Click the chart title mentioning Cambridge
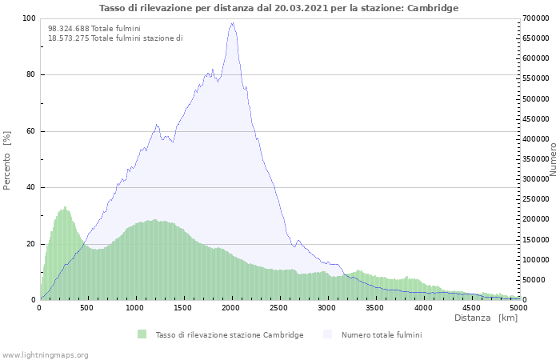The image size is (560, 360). (x=279, y=8)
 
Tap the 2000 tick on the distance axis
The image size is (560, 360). (x=231, y=307)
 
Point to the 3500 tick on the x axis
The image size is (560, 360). (x=374, y=307)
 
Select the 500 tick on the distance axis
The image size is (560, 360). (x=87, y=307)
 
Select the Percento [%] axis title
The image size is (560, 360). (x=8, y=159)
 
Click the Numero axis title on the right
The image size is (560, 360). (x=553, y=159)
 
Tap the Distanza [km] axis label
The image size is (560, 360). (x=486, y=318)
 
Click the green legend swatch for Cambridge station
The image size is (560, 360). (x=142, y=334)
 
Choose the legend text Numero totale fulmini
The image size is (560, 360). (x=382, y=334)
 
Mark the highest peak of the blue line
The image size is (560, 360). (x=232, y=23)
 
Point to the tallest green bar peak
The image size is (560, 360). (x=65, y=207)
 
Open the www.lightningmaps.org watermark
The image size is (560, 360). (x=46, y=354)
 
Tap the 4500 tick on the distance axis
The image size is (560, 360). (x=470, y=307)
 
